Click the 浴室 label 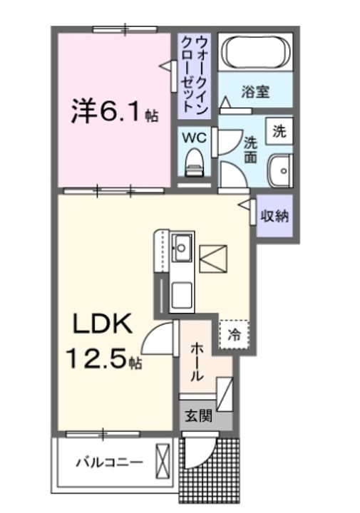(254, 91)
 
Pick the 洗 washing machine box (279, 131)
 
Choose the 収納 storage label (274, 216)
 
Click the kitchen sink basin (181, 248)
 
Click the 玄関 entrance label (199, 415)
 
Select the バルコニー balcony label (109, 461)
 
